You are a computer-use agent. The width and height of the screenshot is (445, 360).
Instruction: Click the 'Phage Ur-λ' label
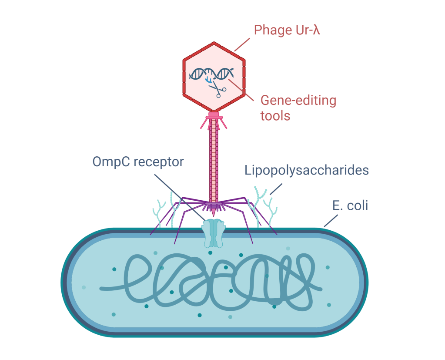click(x=287, y=30)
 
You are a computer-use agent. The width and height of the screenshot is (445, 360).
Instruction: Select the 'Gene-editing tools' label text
click(x=298, y=108)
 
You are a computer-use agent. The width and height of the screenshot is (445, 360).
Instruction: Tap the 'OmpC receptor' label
click(x=138, y=162)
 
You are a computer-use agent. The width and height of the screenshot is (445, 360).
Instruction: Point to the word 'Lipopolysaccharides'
click(x=306, y=170)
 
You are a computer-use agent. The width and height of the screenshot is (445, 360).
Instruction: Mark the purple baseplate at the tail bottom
click(x=213, y=204)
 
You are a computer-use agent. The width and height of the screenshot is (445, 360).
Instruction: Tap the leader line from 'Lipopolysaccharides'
click(x=276, y=188)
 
